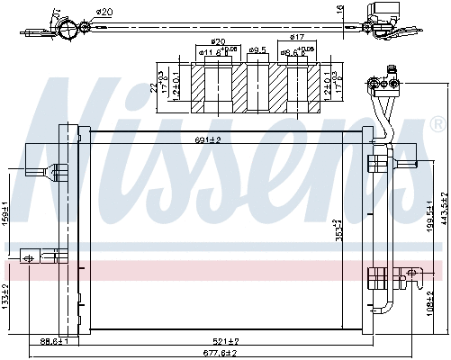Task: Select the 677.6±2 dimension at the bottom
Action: pos(219,353)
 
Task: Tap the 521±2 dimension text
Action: pos(225,341)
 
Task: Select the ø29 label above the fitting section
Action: pos(218,41)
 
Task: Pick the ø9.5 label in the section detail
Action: pos(256,49)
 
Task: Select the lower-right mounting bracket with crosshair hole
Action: pos(410,273)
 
